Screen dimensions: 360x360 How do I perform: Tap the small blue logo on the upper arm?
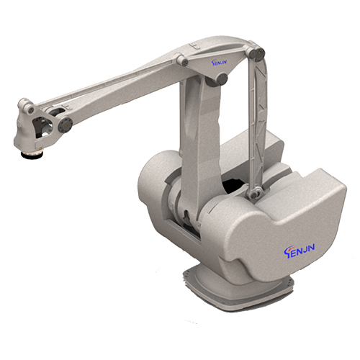point(220,63)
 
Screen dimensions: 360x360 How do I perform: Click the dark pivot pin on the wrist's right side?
point(66,125)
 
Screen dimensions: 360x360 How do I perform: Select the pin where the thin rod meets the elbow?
point(183,61)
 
